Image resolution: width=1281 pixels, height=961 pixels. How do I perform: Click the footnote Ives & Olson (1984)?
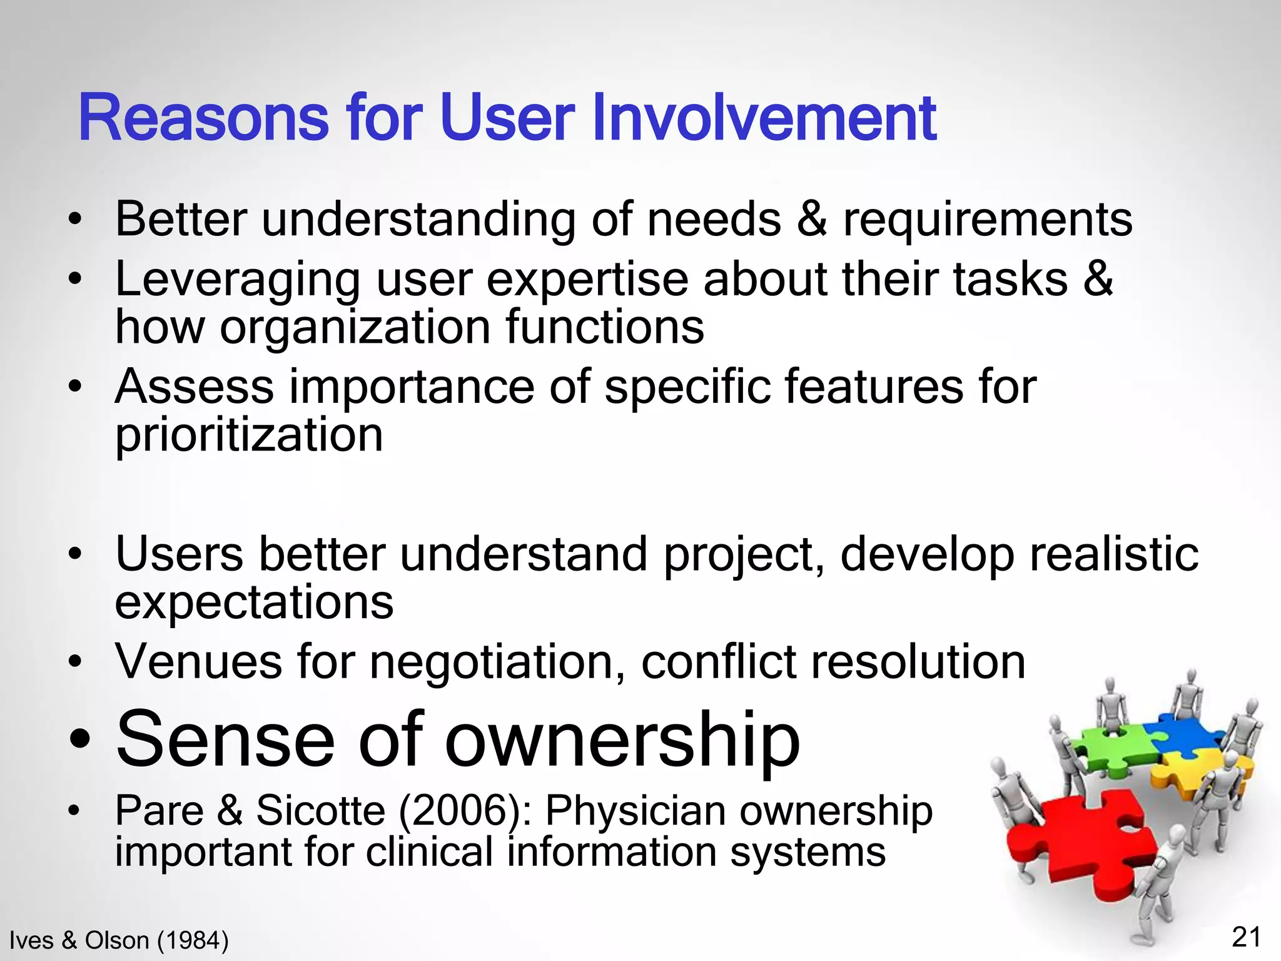[119, 940]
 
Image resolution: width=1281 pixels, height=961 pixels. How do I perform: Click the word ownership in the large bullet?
[622, 741]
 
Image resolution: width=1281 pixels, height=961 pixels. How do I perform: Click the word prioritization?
[249, 436]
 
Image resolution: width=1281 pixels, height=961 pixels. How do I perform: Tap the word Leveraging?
[238, 280]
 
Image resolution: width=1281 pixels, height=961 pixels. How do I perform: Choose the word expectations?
[254, 604]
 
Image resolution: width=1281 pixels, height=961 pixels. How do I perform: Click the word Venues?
[199, 661]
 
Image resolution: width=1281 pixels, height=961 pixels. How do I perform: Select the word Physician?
[635, 811]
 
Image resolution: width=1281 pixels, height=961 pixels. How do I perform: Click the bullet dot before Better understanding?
[75, 220]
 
